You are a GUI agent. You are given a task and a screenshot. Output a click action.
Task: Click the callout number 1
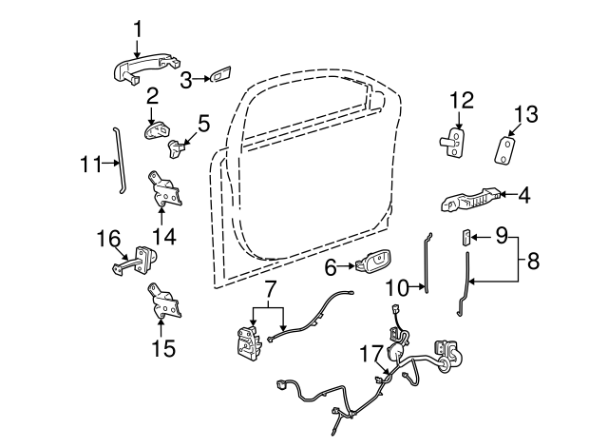(138, 29)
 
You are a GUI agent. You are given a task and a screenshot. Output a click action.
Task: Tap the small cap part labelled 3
(220, 74)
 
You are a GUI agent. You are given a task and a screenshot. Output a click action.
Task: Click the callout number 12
(462, 100)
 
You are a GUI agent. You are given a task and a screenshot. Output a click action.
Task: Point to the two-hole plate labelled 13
(504, 149)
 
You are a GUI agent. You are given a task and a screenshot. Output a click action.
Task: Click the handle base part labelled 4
(470, 199)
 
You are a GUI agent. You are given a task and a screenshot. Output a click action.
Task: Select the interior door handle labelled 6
(372, 262)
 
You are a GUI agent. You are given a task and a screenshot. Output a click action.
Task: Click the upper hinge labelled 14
(164, 189)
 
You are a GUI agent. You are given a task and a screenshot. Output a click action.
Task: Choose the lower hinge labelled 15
(164, 302)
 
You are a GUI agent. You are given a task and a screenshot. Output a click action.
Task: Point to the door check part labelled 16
(136, 261)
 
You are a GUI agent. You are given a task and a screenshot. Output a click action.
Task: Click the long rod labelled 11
(118, 160)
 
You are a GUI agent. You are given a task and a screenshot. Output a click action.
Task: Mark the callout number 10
(397, 288)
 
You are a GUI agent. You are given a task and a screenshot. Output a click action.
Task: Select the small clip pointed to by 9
(465, 237)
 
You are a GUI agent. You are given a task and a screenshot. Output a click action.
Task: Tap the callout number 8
(533, 262)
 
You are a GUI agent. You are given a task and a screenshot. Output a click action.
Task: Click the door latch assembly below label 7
(248, 341)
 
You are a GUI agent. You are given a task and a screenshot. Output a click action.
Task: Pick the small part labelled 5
(176, 148)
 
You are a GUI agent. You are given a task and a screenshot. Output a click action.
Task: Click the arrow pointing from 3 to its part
(201, 79)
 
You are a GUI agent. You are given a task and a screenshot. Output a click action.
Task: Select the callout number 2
(152, 96)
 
